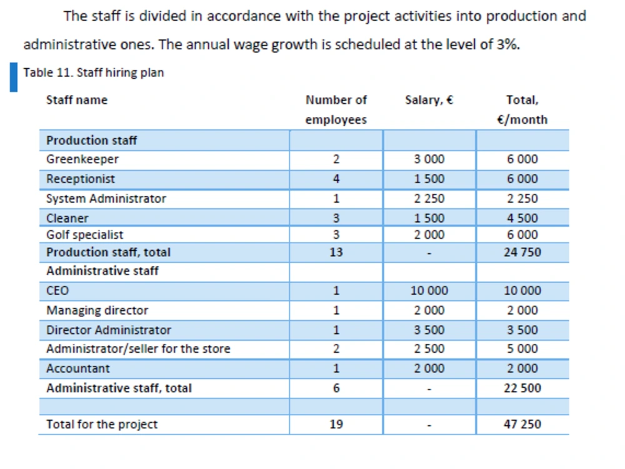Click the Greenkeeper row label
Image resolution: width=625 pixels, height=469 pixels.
coord(82,159)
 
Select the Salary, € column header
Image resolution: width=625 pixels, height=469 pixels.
coord(429,99)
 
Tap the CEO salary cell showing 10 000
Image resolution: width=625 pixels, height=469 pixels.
coord(429,290)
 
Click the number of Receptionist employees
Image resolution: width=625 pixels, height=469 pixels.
coord(336,179)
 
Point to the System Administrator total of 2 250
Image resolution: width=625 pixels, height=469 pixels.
coord(522,198)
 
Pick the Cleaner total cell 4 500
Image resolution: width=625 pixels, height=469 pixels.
coord(522,218)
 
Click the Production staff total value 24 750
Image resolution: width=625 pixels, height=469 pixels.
coord(522,252)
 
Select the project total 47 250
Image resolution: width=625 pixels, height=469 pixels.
coord(522,424)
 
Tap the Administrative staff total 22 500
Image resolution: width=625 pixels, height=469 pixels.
coord(522,388)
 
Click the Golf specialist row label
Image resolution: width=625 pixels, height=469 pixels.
coord(84,235)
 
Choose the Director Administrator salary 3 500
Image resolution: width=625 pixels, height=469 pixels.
coord(429,330)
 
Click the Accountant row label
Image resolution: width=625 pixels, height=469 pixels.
coord(77,368)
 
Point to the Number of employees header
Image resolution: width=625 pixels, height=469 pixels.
coord(336,109)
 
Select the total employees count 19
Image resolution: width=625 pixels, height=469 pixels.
coord(336,424)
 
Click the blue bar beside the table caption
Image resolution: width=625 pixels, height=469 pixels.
coord(14,77)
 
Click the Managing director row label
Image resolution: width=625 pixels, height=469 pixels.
coord(97,311)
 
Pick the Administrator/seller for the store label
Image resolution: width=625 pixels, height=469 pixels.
coord(138,348)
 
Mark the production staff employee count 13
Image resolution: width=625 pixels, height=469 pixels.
coord(336,252)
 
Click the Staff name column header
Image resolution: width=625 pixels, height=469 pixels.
coord(77,99)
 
